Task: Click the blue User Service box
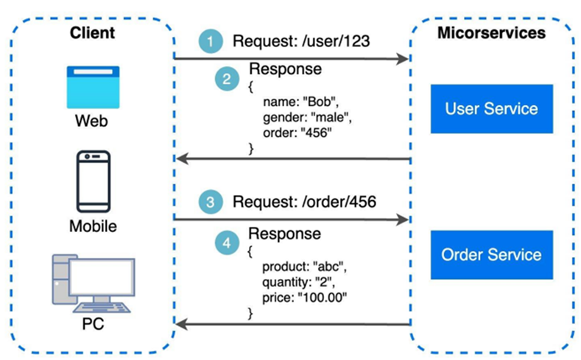click(x=491, y=109)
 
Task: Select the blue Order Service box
click(x=491, y=255)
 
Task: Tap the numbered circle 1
click(x=212, y=43)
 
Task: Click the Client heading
click(x=91, y=32)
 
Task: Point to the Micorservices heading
click(x=491, y=32)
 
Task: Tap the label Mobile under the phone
click(x=91, y=226)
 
